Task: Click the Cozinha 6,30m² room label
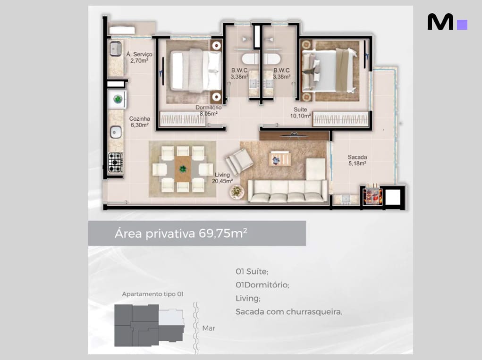[x=140, y=122]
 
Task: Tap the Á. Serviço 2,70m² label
[x=139, y=57]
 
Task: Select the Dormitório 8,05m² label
[x=208, y=110]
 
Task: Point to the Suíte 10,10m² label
[x=300, y=112]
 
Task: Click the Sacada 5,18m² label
[x=357, y=160]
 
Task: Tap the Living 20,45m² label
[x=222, y=178]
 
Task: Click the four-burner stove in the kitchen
[x=116, y=162]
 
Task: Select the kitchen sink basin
[x=116, y=133]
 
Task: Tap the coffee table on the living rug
[x=280, y=159]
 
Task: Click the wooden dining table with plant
[x=183, y=169]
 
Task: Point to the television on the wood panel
[x=294, y=134]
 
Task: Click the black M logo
[x=440, y=22]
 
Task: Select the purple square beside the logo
[x=462, y=25]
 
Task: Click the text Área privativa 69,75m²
[x=181, y=233]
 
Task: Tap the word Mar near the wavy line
[x=209, y=328]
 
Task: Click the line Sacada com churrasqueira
[x=288, y=312]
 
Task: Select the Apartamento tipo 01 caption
[x=153, y=294]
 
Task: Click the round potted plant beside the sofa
[x=237, y=192]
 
